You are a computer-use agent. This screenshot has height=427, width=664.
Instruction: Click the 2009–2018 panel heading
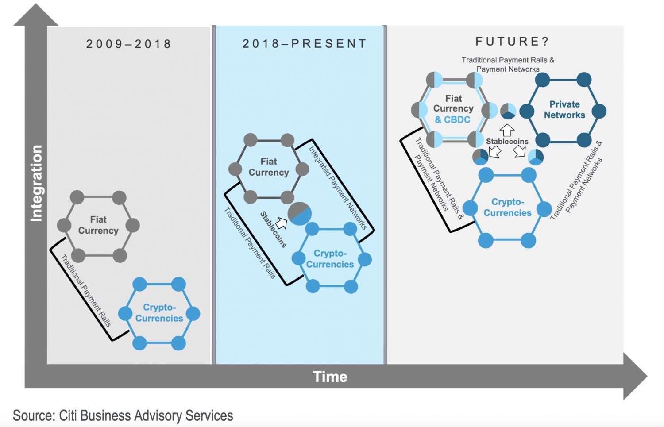coord(128,44)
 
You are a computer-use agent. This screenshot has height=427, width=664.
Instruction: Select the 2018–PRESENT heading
coord(305,44)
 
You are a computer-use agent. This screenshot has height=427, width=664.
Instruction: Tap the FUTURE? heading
coord(512,42)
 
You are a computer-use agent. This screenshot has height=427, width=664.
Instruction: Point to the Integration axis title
coord(36,183)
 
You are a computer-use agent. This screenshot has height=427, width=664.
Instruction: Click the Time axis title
coord(330,377)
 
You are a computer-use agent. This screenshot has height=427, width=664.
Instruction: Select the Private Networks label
coord(564,110)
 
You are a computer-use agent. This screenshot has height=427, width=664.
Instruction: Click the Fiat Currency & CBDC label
coord(453,109)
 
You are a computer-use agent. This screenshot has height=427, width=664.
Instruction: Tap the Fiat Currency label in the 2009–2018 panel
coord(98,225)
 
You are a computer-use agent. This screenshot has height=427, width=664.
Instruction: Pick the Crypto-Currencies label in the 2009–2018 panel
coord(159,313)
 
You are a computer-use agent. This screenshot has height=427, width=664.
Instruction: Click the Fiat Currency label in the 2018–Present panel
coord(269,167)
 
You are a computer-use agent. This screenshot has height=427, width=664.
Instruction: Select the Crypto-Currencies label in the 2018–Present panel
coord(330,259)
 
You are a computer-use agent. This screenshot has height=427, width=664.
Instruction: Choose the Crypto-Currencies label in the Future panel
coord(507,208)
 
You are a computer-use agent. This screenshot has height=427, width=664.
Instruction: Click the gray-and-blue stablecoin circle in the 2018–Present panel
coord(300,214)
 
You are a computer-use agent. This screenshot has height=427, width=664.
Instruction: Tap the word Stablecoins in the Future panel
coord(507,142)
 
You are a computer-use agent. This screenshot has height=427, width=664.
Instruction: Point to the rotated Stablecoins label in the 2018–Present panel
coord(273,229)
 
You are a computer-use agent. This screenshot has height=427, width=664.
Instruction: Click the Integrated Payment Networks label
coord(337,188)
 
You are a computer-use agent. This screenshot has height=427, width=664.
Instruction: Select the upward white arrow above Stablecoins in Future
coord(507,130)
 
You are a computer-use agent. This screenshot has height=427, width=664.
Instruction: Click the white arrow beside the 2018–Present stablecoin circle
coord(282,223)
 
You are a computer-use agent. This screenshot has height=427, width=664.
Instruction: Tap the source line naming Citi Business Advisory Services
coord(123,416)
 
